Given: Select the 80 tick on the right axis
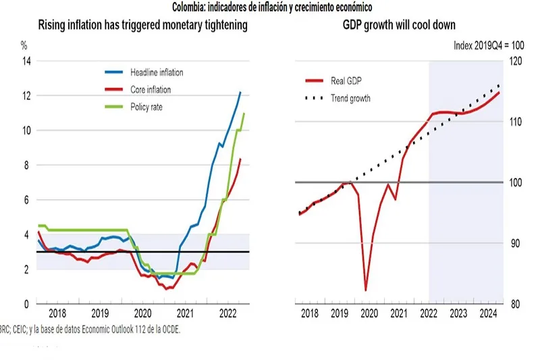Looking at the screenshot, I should tap(515, 304).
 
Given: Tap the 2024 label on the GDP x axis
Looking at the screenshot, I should tap(488, 314).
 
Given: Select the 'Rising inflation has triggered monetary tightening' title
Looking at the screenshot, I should tap(142, 26).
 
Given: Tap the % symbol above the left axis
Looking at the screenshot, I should tap(24, 46).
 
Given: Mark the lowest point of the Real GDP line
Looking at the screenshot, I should tap(366, 290).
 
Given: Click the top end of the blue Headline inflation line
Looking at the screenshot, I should tap(240, 92).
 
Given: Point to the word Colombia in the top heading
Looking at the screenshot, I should tap(192, 7).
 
